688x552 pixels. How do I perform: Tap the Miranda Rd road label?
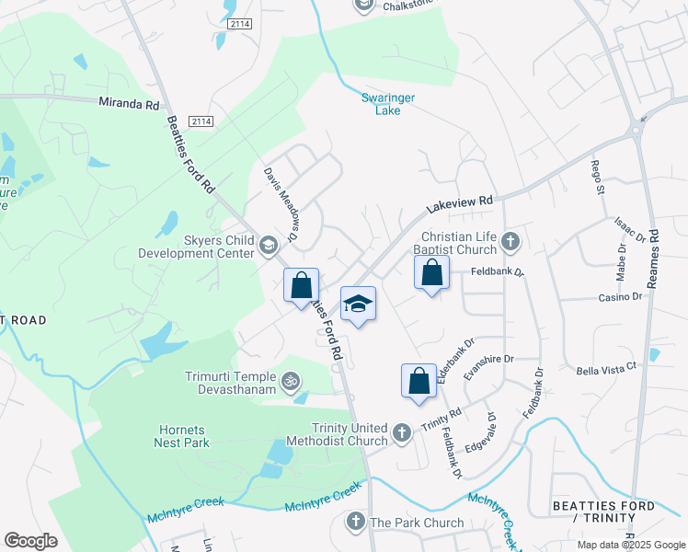coord(129,105)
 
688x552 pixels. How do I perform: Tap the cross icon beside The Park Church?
coord(356,523)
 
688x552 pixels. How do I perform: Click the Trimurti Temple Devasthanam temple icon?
coord(290,379)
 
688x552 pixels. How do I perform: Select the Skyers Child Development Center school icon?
coord(269,245)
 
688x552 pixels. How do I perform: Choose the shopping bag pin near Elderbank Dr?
coord(419,380)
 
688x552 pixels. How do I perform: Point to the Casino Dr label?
coord(619,297)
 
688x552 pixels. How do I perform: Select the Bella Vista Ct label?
coord(606,368)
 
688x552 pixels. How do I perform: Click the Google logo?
coord(30,541)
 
